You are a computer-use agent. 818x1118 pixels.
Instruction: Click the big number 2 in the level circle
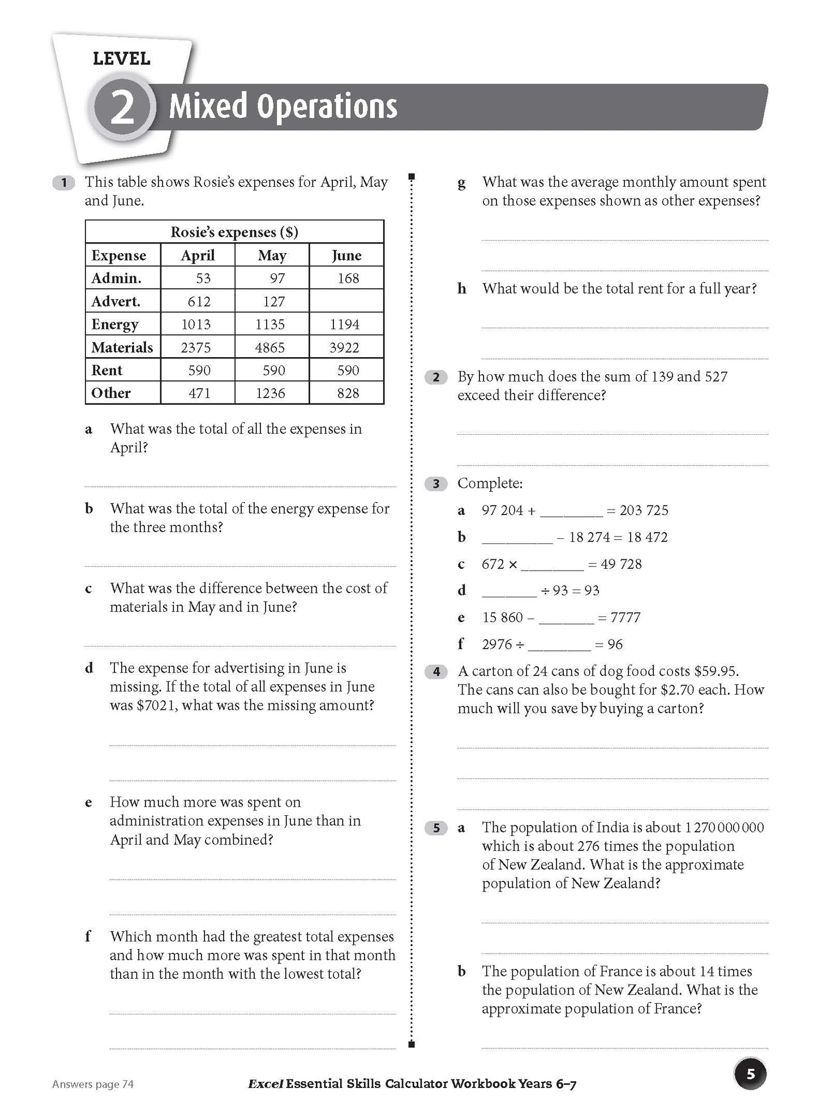[122, 108]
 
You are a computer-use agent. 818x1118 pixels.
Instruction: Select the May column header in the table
[272, 255]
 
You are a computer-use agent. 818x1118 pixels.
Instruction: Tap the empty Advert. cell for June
[346, 301]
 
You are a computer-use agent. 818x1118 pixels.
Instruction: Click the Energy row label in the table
[115, 324]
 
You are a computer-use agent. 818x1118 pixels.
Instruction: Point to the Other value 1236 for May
[270, 393]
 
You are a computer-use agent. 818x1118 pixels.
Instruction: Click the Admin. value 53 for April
[203, 279]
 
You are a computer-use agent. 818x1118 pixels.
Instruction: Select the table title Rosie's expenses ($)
[234, 232]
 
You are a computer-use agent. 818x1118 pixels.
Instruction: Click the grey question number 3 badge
[435, 483]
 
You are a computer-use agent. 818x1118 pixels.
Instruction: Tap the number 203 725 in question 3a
[644, 511]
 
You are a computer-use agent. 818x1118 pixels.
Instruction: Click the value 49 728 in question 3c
[621, 564]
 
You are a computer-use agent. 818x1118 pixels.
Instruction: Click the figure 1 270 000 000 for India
[724, 828]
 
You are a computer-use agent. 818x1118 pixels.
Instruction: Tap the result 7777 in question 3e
[626, 618]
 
